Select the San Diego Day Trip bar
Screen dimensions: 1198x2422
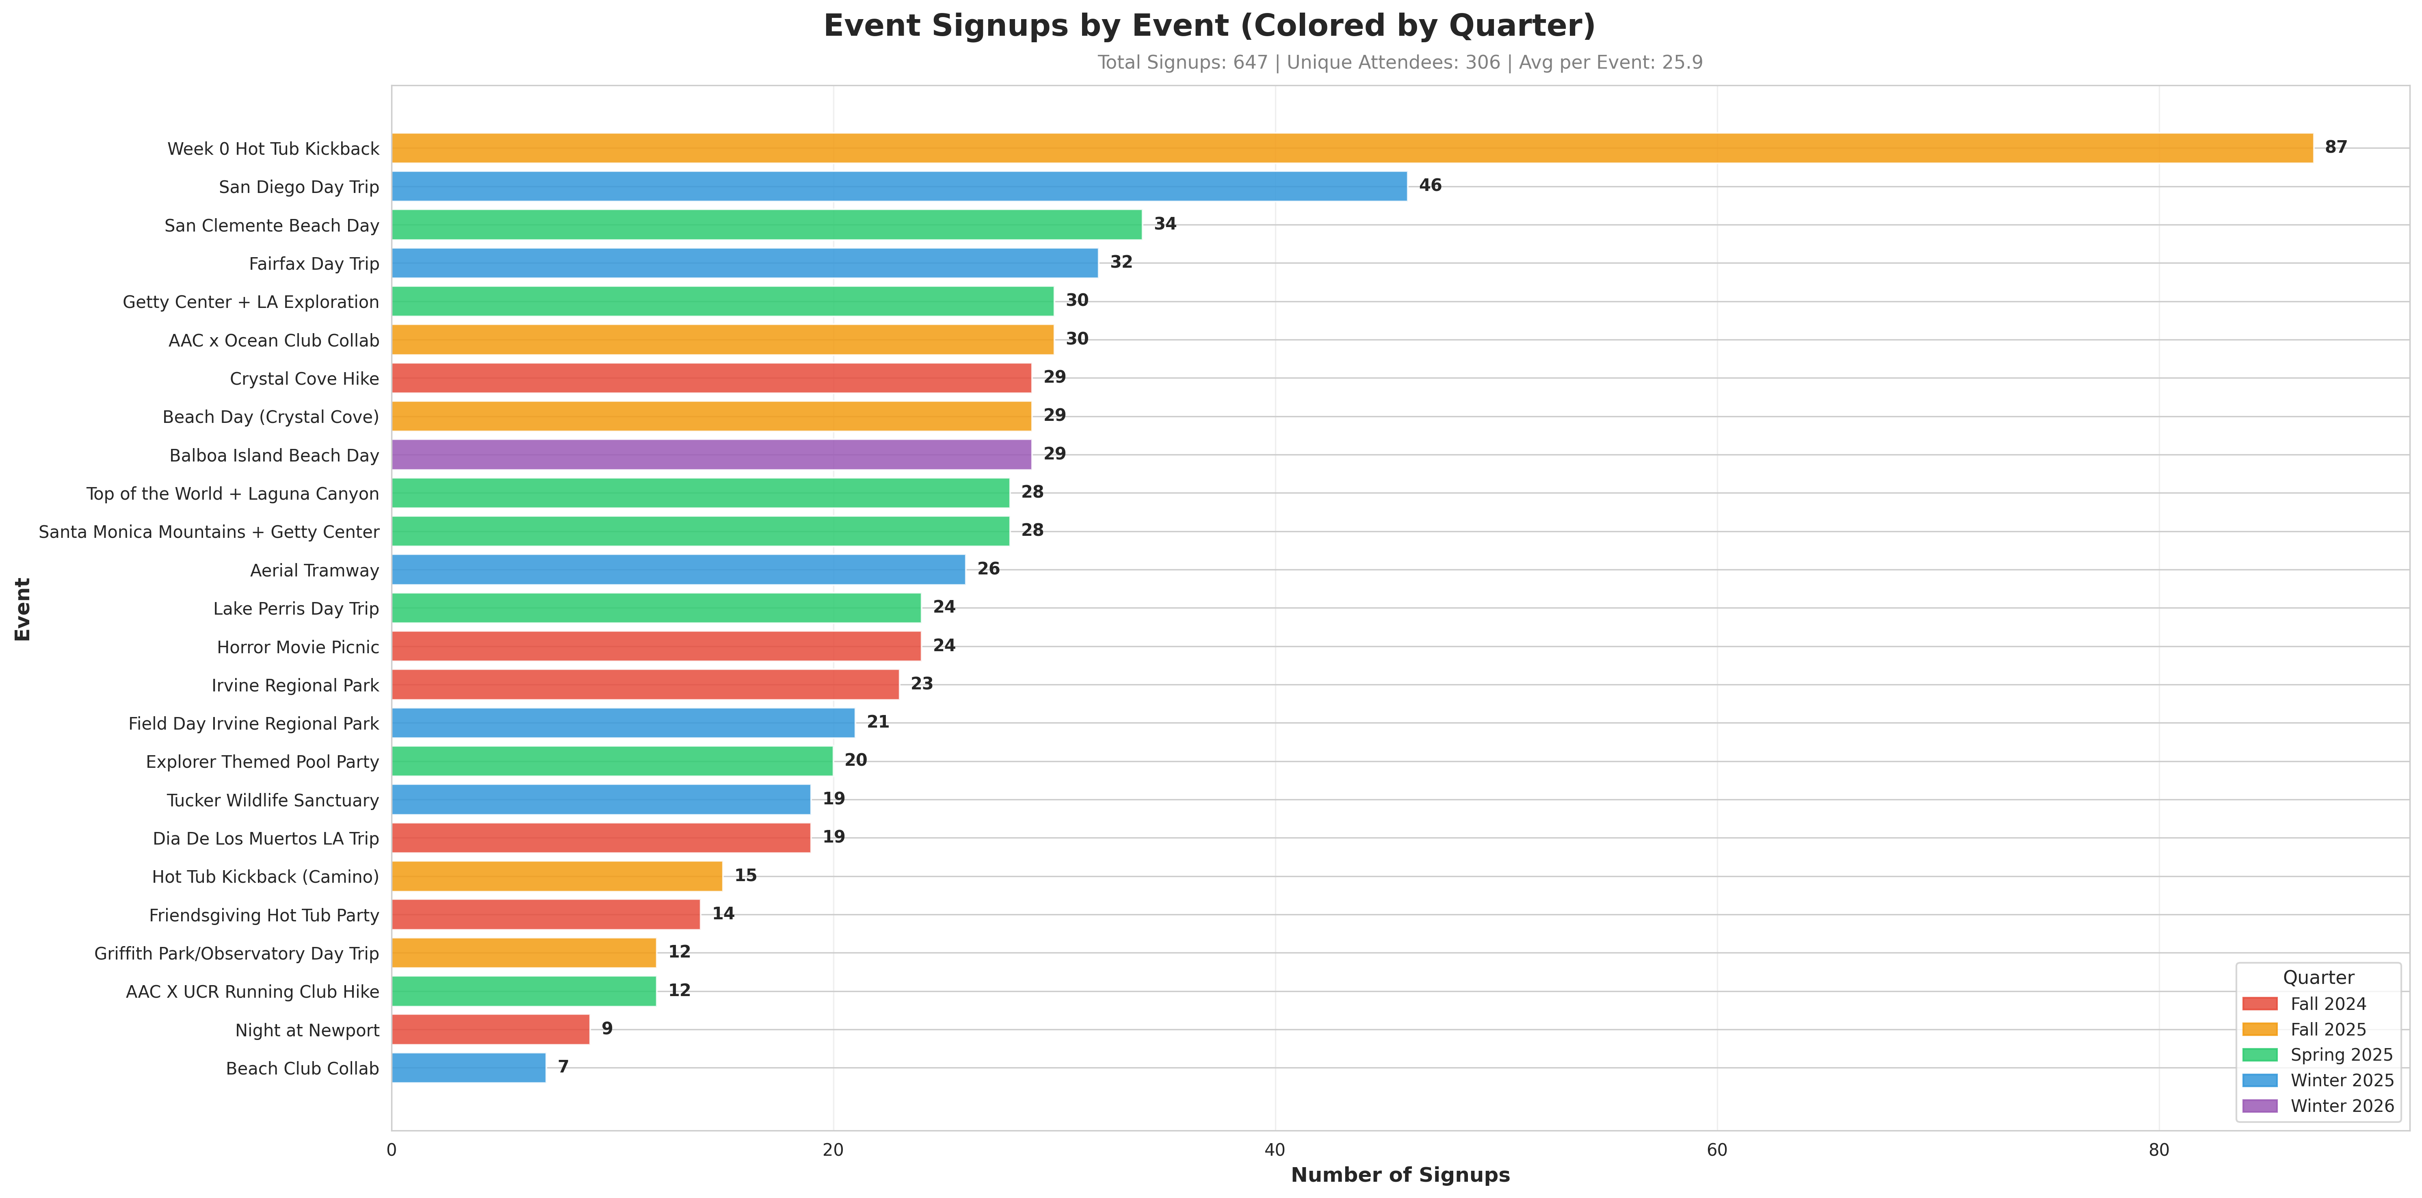pyautogui.click(x=899, y=186)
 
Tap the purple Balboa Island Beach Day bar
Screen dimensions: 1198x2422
pyautogui.click(x=711, y=454)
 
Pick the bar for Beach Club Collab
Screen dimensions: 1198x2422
pyautogui.click(x=468, y=1067)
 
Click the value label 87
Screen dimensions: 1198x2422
pyautogui.click(x=2335, y=147)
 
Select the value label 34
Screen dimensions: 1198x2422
pyautogui.click(x=1165, y=224)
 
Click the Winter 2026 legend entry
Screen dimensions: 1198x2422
pyautogui.click(x=2341, y=1106)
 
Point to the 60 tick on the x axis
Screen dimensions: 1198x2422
pyautogui.click(x=1717, y=1150)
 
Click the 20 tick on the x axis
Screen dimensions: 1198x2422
pyautogui.click(x=833, y=1150)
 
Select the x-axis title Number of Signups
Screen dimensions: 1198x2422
pyautogui.click(x=1400, y=1174)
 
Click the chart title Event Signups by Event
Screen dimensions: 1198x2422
pyautogui.click(x=1209, y=25)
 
